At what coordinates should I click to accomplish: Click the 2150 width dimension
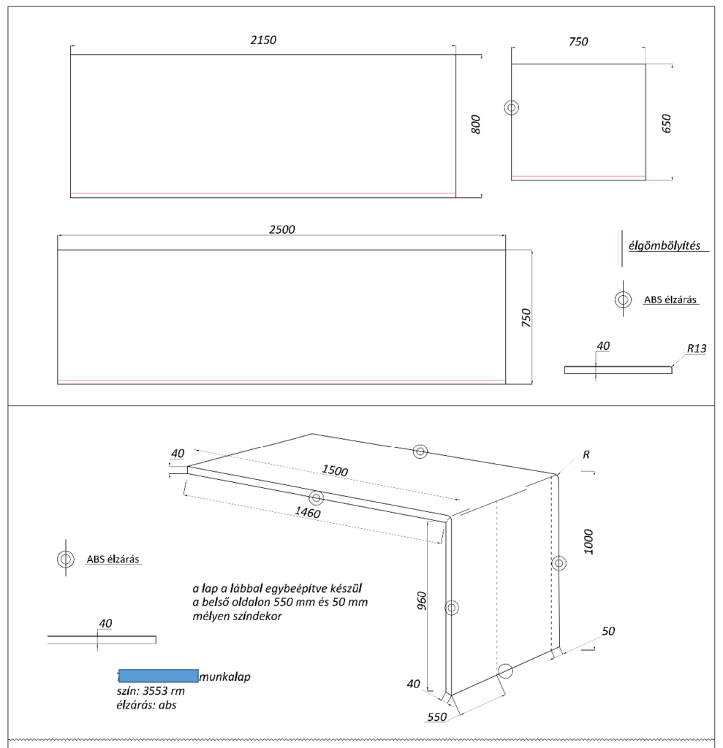[x=263, y=39]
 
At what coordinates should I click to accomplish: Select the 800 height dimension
[x=476, y=124]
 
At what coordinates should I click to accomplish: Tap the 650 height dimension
[x=667, y=123]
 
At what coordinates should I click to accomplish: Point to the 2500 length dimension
[x=281, y=229]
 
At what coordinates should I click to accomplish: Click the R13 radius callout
[x=697, y=348]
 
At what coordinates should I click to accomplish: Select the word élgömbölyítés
[x=665, y=245]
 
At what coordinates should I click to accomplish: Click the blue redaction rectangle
[x=158, y=676]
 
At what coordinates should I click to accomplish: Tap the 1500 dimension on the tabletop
[x=334, y=470]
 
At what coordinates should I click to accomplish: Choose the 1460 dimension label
[x=308, y=512]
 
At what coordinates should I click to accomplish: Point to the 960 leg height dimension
[x=422, y=601]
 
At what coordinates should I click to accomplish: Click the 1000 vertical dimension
[x=588, y=542]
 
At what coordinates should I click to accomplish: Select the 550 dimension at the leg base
[x=436, y=717]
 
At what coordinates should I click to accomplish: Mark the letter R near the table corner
[x=586, y=454]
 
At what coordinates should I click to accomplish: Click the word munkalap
[x=225, y=676]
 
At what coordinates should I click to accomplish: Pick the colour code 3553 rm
[x=163, y=691]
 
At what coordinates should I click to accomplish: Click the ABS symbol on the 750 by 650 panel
[x=512, y=108]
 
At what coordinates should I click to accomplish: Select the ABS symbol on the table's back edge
[x=420, y=451]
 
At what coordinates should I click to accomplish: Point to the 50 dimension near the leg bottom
[x=608, y=631]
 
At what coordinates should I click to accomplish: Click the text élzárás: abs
[x=146, y=705]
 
